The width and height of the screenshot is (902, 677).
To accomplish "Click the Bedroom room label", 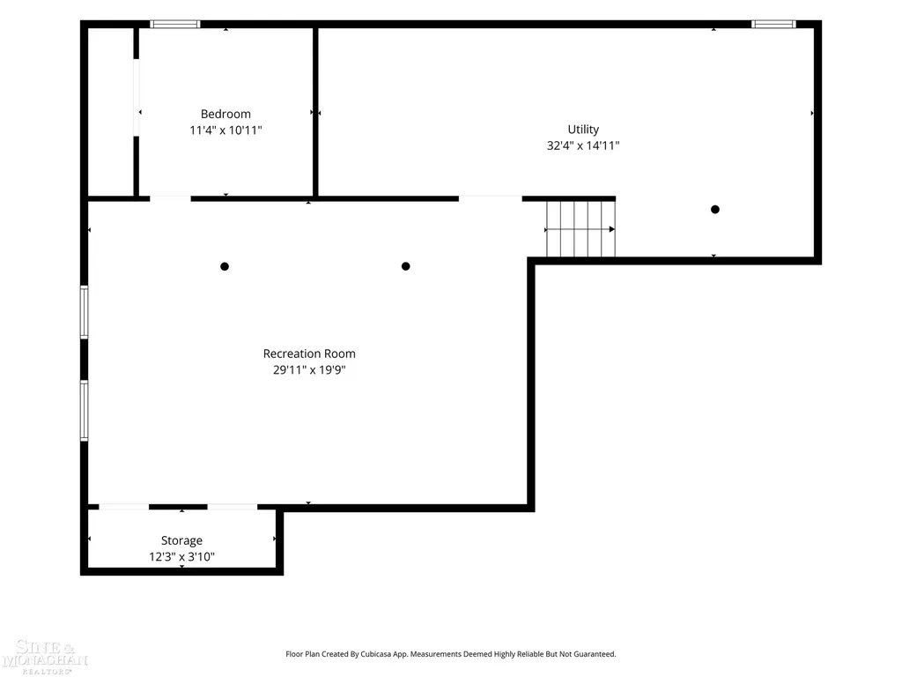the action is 225,114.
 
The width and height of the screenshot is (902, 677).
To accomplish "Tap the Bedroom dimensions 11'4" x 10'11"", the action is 225,130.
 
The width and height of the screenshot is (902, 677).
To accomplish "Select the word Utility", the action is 583,130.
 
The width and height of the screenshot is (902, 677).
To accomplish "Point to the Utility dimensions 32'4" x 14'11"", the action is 583,145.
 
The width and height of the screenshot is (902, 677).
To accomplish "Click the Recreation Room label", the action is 309,353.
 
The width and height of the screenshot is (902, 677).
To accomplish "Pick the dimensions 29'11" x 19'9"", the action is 309,369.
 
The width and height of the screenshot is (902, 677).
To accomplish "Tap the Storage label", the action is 181,540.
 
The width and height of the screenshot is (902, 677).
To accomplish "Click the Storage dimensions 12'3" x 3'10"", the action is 181,557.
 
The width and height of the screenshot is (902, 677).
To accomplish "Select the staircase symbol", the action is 580,228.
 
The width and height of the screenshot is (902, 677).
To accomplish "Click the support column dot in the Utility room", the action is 715,210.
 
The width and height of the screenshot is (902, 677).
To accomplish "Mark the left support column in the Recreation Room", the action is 225,266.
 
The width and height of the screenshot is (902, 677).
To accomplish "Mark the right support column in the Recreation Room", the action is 405,266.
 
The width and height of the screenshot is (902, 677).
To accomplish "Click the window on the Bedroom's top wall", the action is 175,24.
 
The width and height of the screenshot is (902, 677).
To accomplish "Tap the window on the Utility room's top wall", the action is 773,24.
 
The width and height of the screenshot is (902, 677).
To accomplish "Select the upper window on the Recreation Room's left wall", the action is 84,313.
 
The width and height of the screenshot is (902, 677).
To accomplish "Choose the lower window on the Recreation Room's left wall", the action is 84,411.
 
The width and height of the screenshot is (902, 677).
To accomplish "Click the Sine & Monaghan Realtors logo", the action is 44,657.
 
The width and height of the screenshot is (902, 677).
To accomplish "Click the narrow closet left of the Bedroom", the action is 111,112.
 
